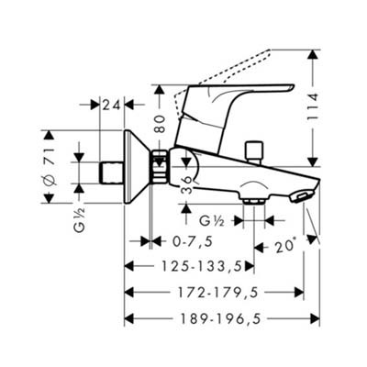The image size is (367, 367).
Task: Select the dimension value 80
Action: click(160, 124)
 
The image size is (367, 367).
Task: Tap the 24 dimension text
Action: click(111, 105)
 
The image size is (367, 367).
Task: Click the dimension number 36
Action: click(187, 185)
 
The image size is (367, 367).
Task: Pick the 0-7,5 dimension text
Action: click(193, 242)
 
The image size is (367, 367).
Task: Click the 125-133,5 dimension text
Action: click(201, 266)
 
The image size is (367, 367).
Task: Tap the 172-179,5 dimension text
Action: click(217, 293)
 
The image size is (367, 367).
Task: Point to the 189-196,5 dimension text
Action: click(220, 319)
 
